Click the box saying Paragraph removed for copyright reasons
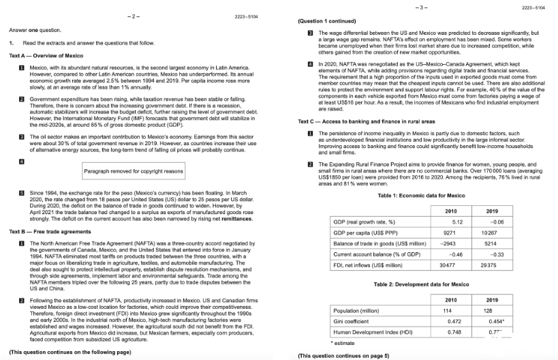(x=134, y=171)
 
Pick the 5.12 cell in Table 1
(x=456, y=222)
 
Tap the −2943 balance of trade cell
(x=448, y=243)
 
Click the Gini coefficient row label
(x=351, y=320)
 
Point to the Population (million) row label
(x=357, y=309)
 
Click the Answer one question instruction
(x=35, y=30)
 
